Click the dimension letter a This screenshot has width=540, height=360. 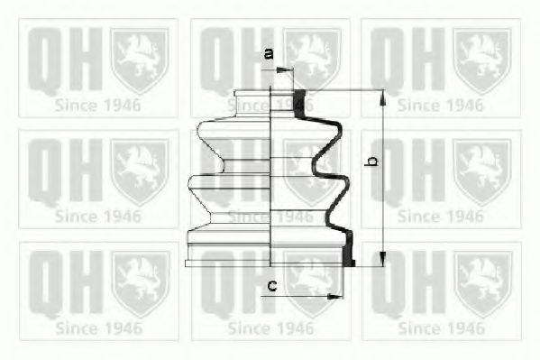point(269,53)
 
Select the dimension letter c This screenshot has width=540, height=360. point(272,285)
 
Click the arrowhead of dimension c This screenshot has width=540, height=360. point(334,296)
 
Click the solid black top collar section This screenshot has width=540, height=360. point(299,104)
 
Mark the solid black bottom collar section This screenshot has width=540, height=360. point(349,250)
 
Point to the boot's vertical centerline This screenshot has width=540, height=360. point(270,176)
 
